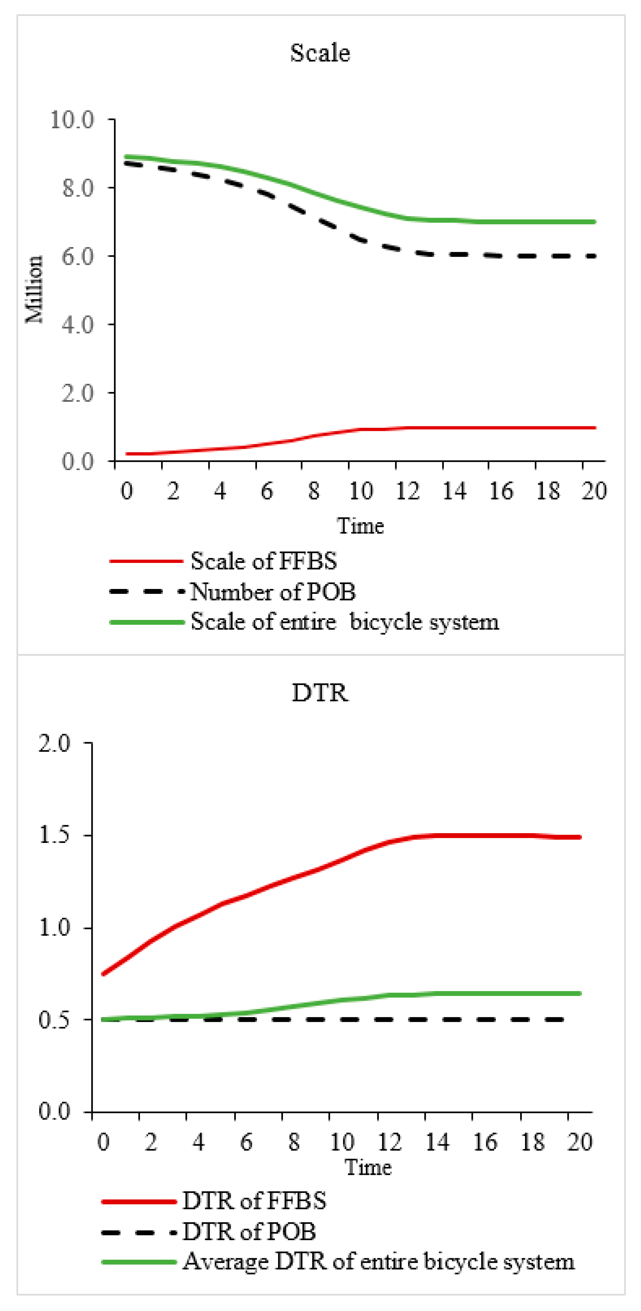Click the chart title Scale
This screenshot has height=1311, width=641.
coord(320,53)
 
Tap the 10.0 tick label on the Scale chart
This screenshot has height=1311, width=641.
coord(72,120)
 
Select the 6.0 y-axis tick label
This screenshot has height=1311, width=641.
coord(78,256)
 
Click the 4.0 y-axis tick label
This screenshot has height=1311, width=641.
coord(78,325)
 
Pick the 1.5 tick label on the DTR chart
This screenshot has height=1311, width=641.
coord(55,835)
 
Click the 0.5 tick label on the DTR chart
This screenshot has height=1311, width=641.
coord(55,1020)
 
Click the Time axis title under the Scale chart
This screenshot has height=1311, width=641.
coord(360,526)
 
